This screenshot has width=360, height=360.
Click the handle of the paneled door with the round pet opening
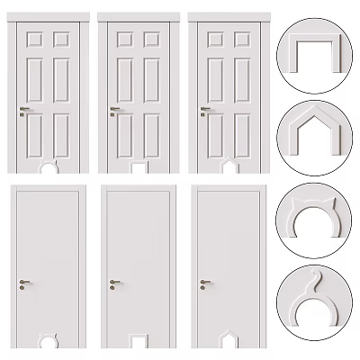pyautogui.click(x=24, y=111)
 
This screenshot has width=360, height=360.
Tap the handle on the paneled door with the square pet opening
pyautogui.click(x=114, y=111)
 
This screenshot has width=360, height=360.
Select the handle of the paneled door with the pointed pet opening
pyautogui.click(x=204, y=111)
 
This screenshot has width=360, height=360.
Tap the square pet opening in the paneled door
pyautogui.click(x=140, y=167)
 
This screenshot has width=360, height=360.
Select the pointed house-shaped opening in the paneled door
pyautogui.click(x=230, y=167)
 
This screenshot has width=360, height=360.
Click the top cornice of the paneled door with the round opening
pyautogui.click(x=50, y=15)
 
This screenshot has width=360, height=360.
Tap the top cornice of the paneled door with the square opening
pyautogui.click(x=140, y=15)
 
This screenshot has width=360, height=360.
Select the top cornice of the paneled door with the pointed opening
pyautogui.click(x=230, y=15)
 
